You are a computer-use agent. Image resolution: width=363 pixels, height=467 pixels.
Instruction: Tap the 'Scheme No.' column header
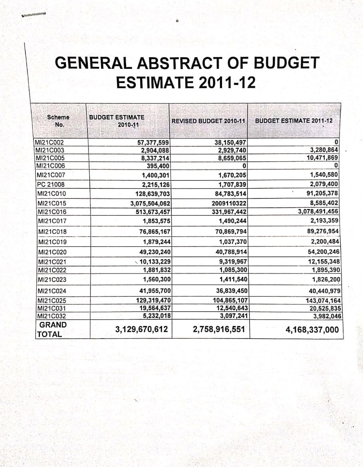click(x=58, y=120)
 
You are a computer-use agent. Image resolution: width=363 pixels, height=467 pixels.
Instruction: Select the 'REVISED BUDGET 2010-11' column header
click(x=208, y=121)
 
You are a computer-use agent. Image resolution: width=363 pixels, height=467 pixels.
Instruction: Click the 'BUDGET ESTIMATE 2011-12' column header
click(x=294, y=120)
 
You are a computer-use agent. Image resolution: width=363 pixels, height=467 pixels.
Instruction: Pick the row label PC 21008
click(x=50, y=184)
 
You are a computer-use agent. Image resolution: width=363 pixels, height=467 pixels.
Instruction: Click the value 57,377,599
click(x=154, y=142)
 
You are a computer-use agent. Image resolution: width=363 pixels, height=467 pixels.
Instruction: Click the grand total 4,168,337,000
click(x=312, y=330)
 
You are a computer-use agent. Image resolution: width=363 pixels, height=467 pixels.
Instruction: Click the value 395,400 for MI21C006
click(x=159, y=166)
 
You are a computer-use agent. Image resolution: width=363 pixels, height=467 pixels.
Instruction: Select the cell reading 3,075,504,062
click(x=151, y=203)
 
